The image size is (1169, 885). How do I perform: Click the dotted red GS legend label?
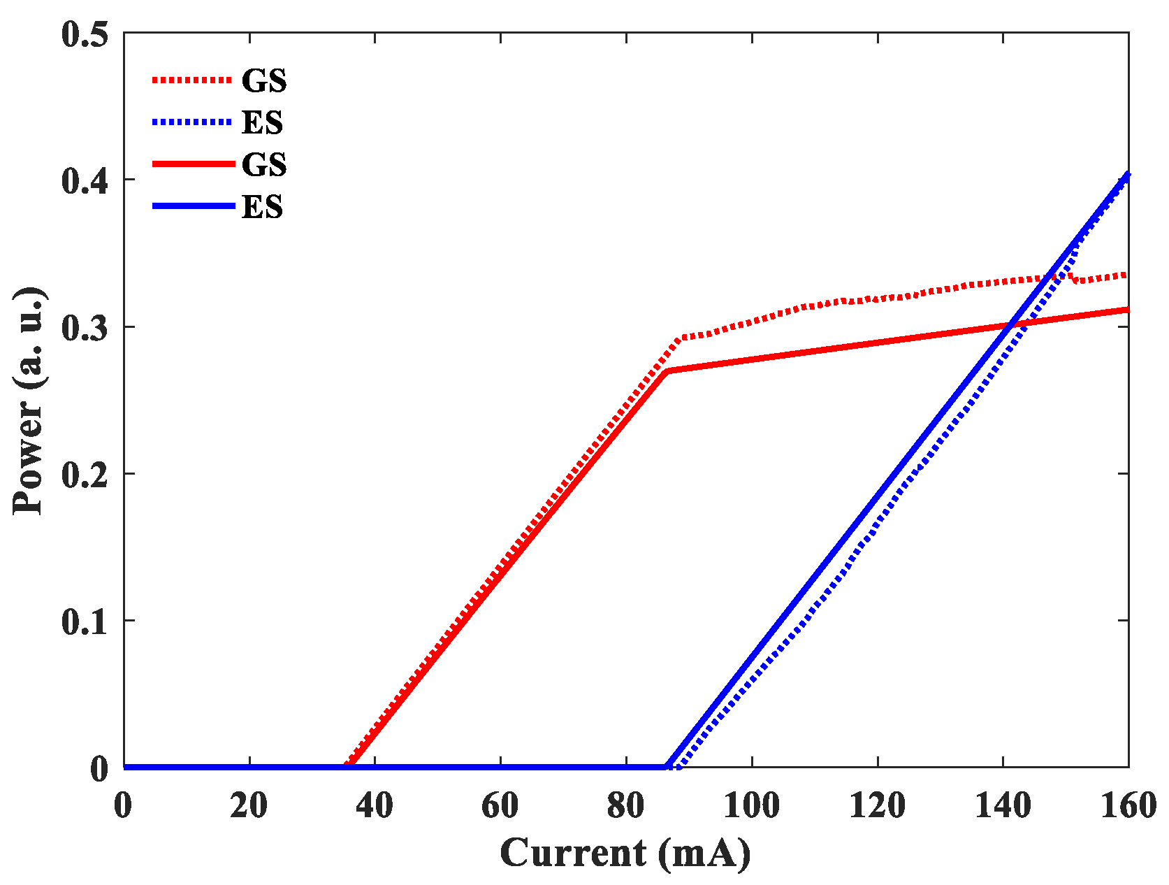263,81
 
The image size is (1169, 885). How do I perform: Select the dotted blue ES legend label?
262,123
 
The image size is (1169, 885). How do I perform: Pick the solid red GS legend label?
263,165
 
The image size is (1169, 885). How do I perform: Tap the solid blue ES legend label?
262,207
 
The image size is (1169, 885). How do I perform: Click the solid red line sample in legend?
193,164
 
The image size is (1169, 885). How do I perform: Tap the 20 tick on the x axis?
249,805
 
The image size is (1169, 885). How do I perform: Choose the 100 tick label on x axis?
751,805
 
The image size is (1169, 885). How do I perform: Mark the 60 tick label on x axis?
500,805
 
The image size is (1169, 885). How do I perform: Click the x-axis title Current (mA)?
625,853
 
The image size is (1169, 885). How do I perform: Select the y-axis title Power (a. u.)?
29,400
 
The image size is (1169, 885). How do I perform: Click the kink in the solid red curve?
667,370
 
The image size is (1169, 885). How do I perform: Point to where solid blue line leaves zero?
667,767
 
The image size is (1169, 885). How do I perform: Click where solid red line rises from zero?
349,766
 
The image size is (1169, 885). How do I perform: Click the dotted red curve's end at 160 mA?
1126,275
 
